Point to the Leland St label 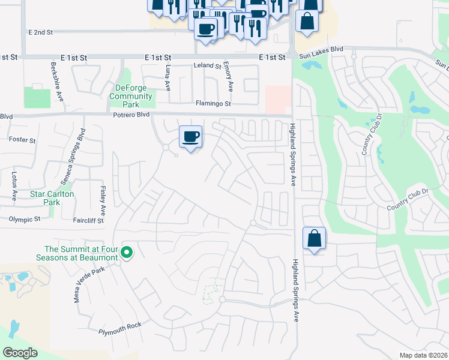(x=207, y=65)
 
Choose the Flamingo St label (x=213, y=103)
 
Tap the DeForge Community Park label (x=134, y=97)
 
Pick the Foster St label (x=23, y=140)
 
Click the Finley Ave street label (x=103, y=203)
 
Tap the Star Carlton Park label (x=53, y=198)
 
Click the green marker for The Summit (x=127, y=252)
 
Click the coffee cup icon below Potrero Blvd (x=191, y=137)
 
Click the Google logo (x=20, y=353)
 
